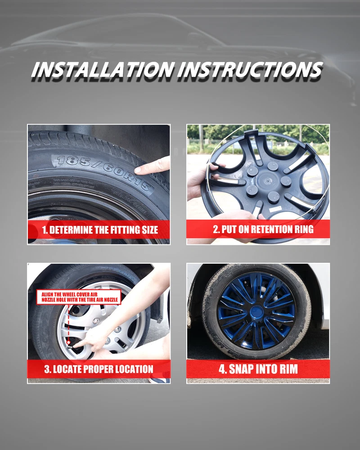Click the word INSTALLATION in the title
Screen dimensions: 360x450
[x=103, y=70]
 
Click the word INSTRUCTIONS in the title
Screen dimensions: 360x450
[x=250, y=70]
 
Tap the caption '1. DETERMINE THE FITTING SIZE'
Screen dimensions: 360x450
[x=100, y=230]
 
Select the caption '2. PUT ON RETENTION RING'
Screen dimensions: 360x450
[x=263, y=229]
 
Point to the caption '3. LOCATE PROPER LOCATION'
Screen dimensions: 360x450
[x=99, y=369]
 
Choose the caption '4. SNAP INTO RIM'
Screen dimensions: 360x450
[x=258, y=369]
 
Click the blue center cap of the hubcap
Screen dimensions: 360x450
[x=256, y=312]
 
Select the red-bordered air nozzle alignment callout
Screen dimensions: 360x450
[x=79, y=297]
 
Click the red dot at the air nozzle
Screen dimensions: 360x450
[x=68, y=342]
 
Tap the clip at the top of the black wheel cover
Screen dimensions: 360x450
[x=252, y=133]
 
